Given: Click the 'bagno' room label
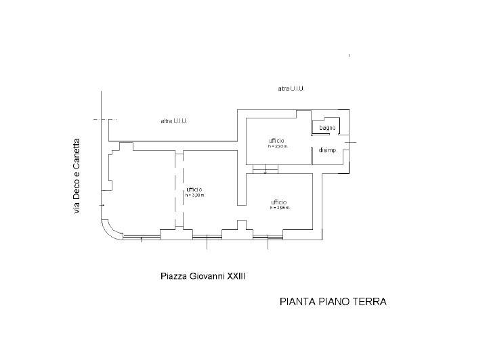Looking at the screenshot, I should point(328,128).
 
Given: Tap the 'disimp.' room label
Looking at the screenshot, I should point(328,150).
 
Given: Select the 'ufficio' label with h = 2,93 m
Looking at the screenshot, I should point(276,140).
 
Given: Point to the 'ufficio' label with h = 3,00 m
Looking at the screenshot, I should point(194,189).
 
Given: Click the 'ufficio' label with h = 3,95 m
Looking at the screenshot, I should point(278,202).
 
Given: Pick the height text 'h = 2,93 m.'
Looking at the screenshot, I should point(278,146).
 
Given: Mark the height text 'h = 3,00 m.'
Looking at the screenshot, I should point(194,196).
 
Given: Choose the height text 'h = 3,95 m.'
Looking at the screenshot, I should point(280,208).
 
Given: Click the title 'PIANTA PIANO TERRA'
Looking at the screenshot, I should point(333,302).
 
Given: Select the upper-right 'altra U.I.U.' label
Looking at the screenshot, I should point(291,89).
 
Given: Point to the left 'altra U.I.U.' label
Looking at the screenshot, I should point(174,121).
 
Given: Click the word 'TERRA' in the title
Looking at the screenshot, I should point(368,302).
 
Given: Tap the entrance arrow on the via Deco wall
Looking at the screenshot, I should point(102,204).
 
